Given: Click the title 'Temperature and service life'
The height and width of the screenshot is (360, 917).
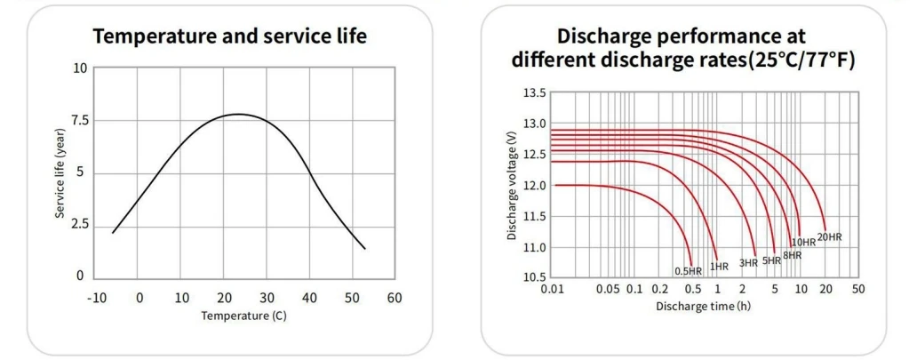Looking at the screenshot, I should coord(229,36).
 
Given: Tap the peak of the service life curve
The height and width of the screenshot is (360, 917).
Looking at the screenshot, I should coord(237,114).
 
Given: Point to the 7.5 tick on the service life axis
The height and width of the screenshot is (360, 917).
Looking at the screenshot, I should coord(77,120).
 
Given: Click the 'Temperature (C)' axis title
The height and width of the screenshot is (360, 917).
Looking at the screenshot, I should coord(243,315).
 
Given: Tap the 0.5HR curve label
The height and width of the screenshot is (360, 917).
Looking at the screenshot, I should coord(689,270).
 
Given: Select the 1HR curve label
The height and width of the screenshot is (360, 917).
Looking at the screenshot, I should coord(720,265).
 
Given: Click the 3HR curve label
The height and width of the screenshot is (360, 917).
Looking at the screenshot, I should coord(748,262).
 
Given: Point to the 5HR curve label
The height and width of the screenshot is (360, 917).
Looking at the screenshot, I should coord(771,260).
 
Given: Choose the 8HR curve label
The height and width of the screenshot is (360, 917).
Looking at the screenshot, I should coord(792,255).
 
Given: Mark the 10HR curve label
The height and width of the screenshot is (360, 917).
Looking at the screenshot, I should coord(803,242).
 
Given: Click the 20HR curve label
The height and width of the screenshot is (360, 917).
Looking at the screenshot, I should coord(829,236).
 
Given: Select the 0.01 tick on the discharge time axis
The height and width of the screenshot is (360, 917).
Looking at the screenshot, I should coord(553,289).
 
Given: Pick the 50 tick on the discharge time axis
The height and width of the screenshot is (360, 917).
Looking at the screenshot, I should coord(857,289).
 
